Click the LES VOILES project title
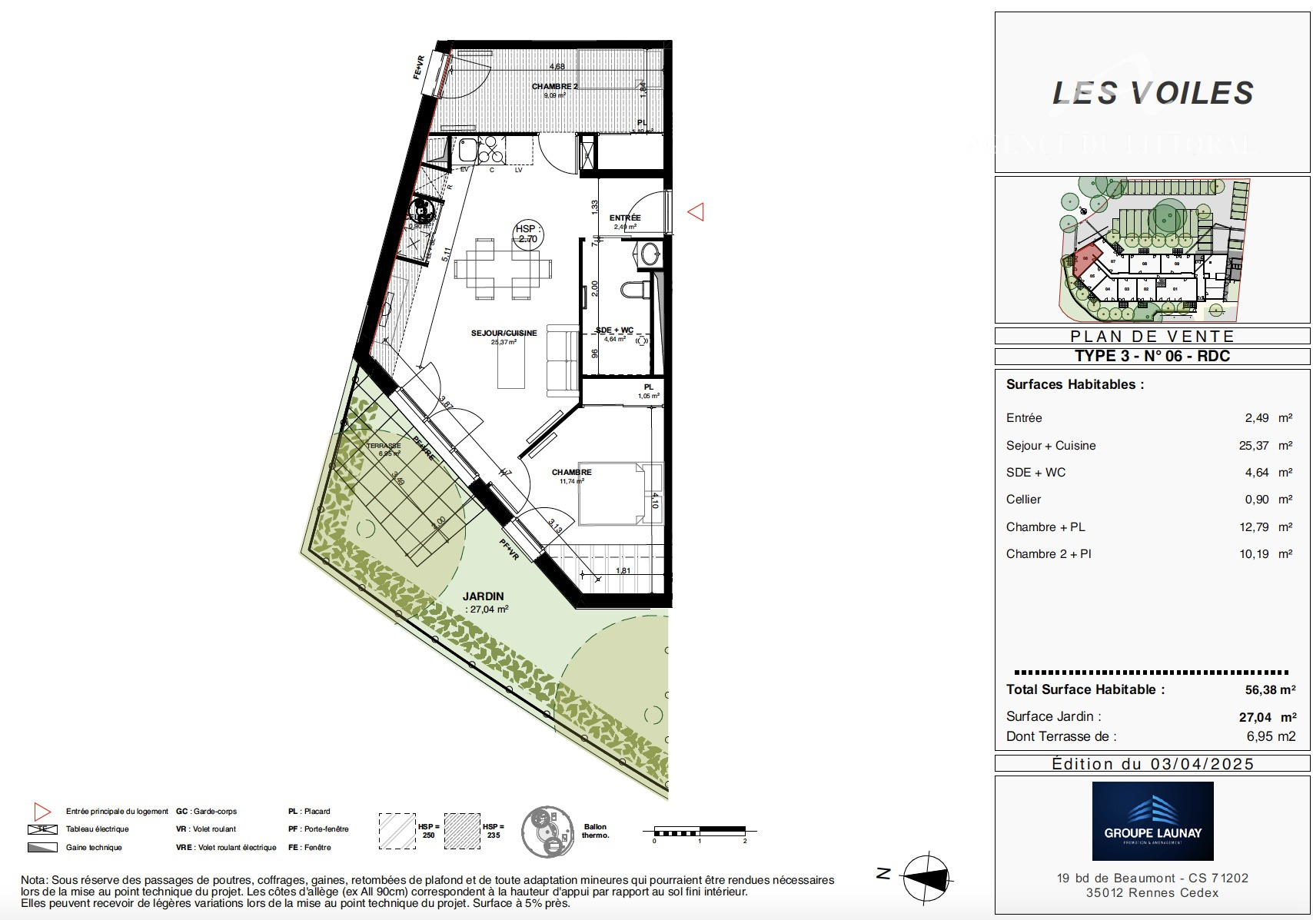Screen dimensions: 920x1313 pos(1152,94)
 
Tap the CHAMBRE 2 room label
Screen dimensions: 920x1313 pos(554,87)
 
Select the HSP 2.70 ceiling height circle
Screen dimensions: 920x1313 pos(527,234)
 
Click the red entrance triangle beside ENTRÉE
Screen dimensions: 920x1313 pos(696,211)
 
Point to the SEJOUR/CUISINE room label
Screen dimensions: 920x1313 pos(504,334)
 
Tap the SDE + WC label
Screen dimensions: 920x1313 pos(615,330)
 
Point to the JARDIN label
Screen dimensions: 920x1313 pos(484,596)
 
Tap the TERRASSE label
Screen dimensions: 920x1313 pos(384,446)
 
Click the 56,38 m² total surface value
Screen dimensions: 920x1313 pos(1270,690)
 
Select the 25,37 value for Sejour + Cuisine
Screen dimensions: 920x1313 pos(1254,446)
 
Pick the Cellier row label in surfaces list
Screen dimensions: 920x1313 pos(1023,500)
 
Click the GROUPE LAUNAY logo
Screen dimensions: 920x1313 pos(1152,821)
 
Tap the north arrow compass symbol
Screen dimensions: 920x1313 pos(927,877)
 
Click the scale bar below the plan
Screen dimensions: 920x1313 pos(700,832)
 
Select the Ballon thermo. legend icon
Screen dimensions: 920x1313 pos(547,832)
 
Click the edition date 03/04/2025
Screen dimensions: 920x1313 pos(1202,764)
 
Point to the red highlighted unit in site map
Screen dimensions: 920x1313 pos(1085,260)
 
